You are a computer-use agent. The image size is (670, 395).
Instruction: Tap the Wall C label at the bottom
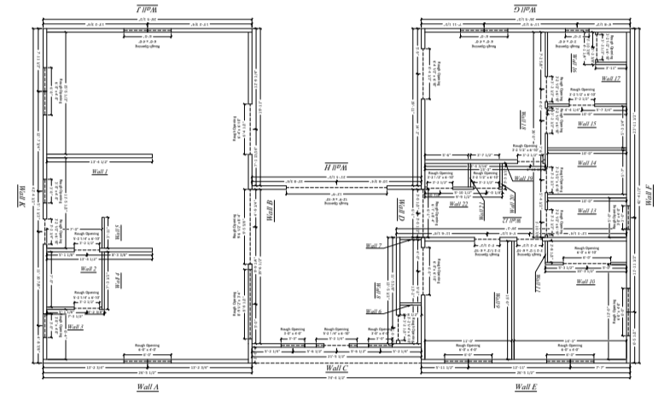[336, 368]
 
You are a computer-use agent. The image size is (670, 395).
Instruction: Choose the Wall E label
[526, 386]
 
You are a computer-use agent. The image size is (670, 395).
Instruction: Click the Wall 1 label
[100, 172]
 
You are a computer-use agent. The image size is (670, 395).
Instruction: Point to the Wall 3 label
[76, 327]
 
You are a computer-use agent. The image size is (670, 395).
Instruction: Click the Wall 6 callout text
[374, 311]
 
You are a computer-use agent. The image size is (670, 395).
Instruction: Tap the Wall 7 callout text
[374, 246]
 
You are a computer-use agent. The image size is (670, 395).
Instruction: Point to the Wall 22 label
[459, 205]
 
